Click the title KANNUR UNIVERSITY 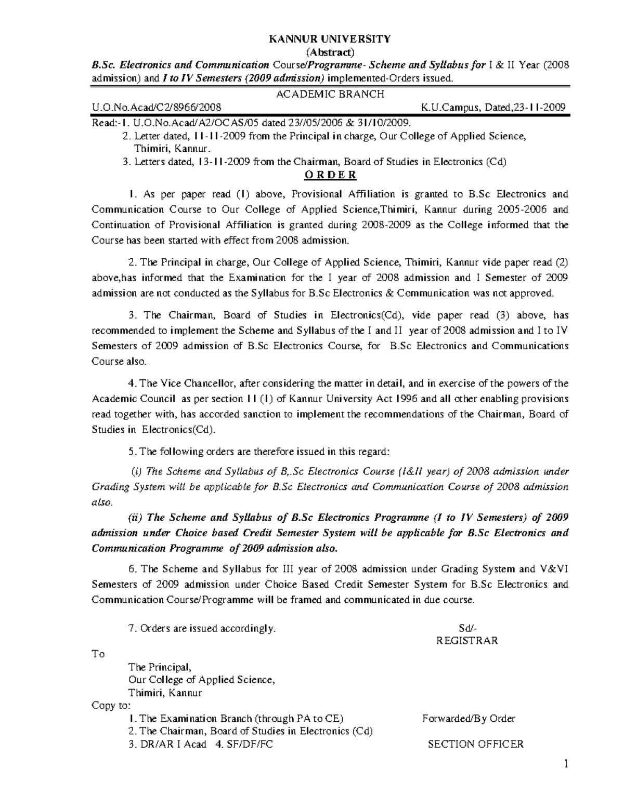[329, 39]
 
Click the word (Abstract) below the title [329, 51]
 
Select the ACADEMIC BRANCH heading [330, 94]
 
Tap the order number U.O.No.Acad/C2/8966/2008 [157, 108]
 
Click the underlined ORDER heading [330, 174]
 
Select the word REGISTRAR [467, 641]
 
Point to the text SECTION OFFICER [475, 744]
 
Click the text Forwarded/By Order [469, 719]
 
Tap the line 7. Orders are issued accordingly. [202, 628]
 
